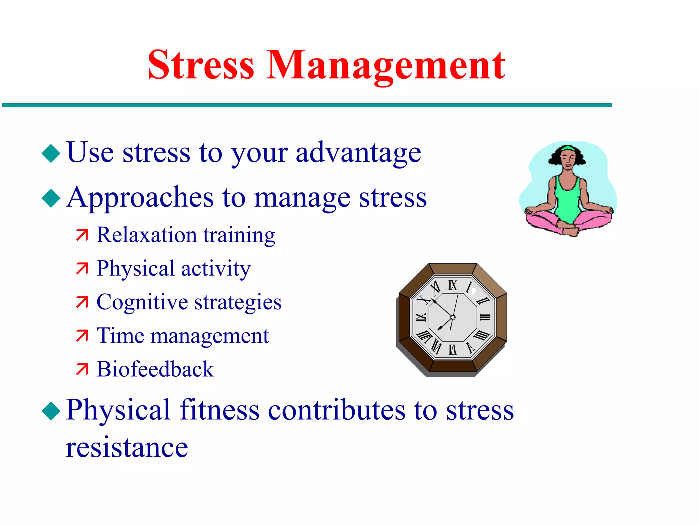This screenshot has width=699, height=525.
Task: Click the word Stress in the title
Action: tap(201, 65)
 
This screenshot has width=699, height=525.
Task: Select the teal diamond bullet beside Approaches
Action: tap(51, 198)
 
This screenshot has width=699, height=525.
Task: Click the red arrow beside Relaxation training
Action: tap(82, 235)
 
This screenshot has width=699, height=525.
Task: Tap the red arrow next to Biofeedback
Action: tap(82, 369)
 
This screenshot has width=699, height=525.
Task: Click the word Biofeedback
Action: tap(155, 369)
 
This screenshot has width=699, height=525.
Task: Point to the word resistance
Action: tap(127, 447)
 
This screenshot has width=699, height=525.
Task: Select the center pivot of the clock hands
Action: tap(453, 318)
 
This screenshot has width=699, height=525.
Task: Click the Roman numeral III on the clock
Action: tap(485, 318)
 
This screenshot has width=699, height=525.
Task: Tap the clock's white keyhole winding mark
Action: tap(473, 292)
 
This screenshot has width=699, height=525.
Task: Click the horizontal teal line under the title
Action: tap(307, 105)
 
